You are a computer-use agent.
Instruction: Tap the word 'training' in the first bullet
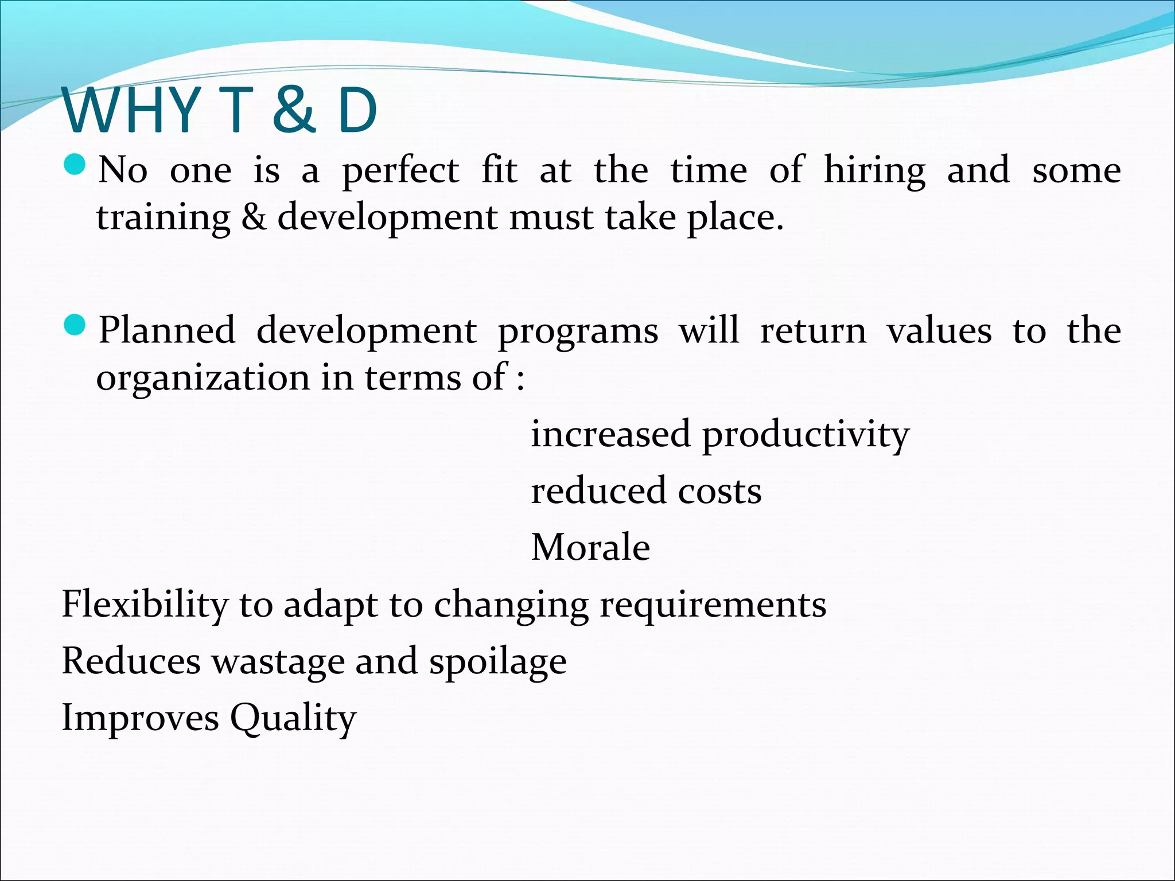click(x=163, y=219)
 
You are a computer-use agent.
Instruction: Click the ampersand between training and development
click(x=254, y=217)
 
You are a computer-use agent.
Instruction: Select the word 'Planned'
click(x=167, y=331)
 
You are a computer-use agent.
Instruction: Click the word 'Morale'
click(x=590, y=547)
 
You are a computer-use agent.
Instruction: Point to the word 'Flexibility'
click(x=145, y=605)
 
